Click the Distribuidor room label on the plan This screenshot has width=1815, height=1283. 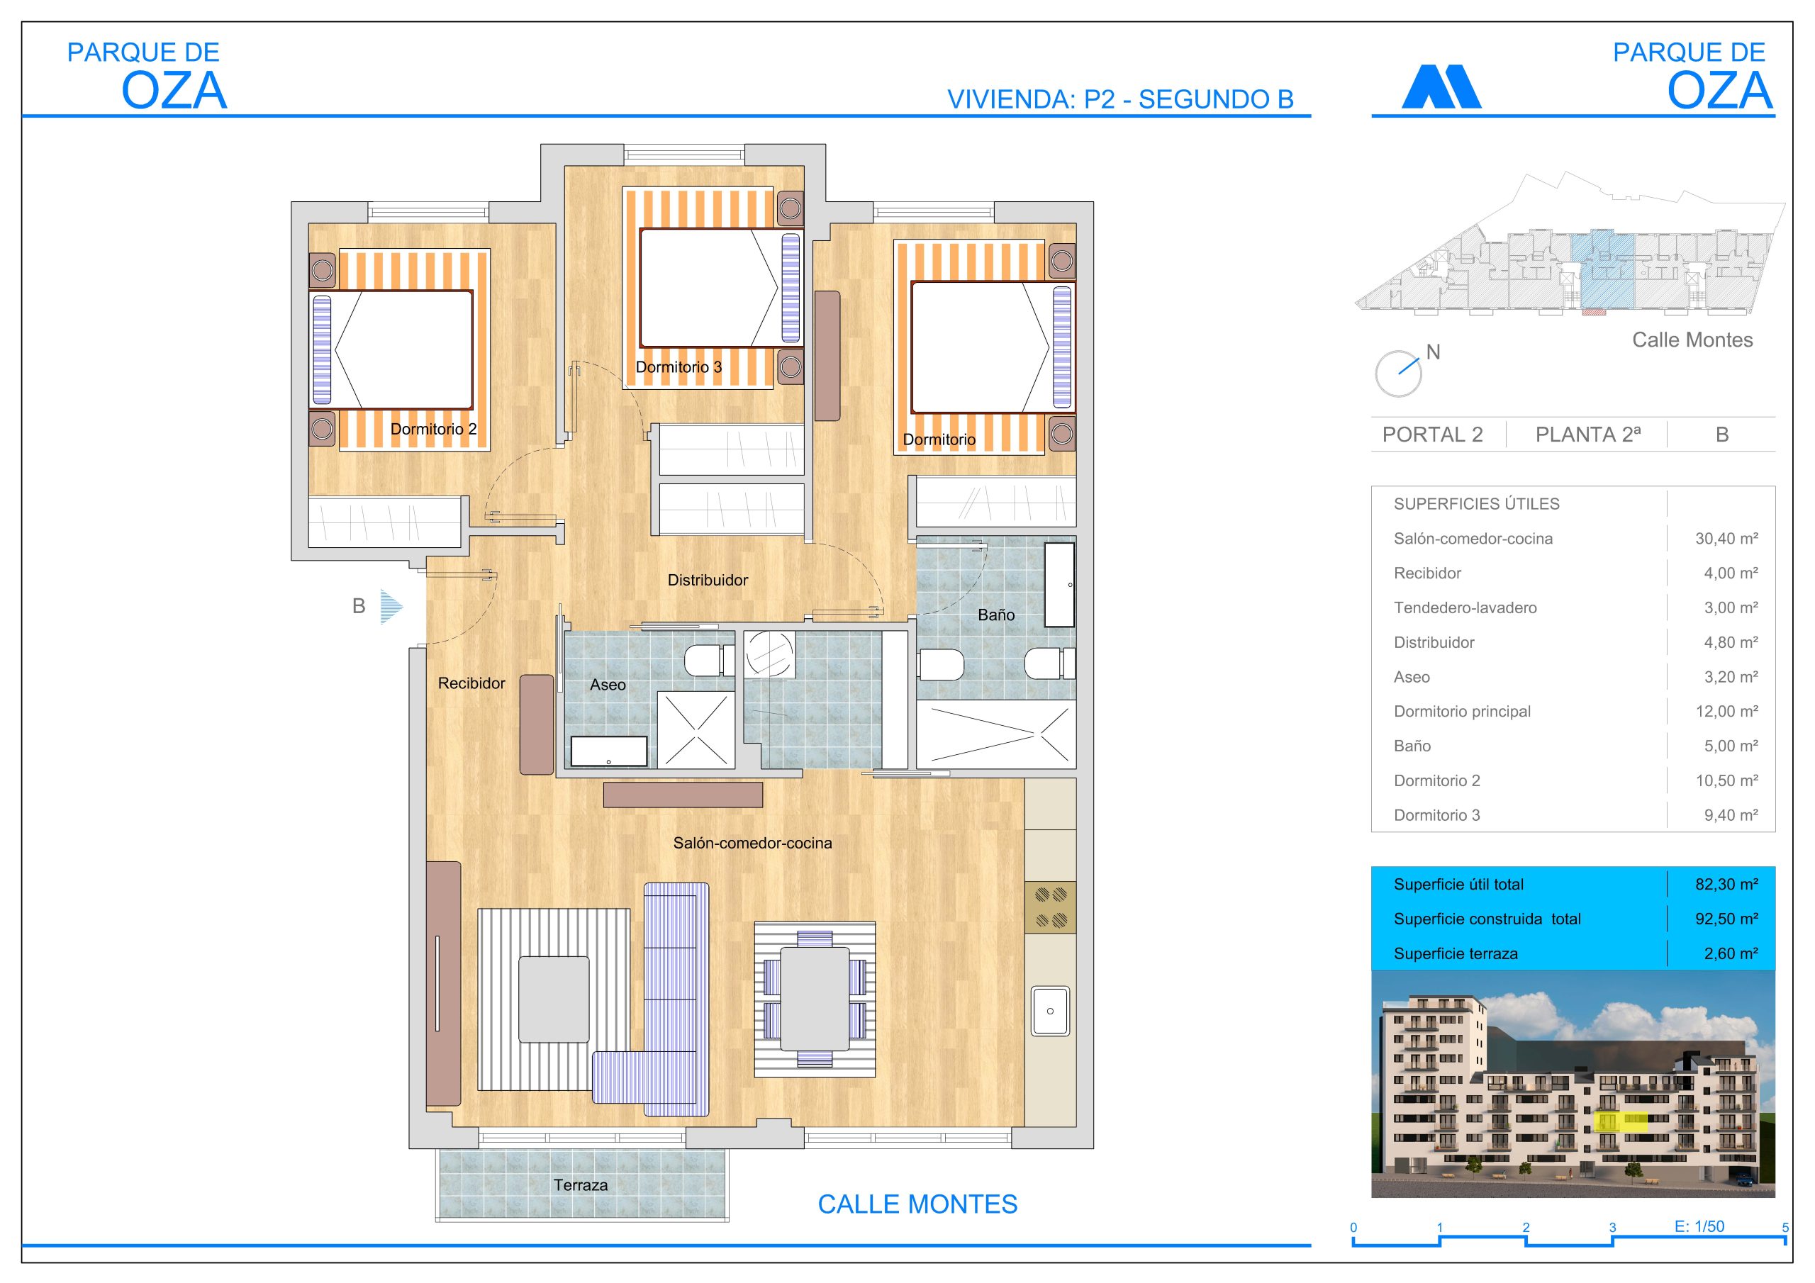(x=708, y=581)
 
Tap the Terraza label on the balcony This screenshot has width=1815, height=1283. (x=580, y=1185)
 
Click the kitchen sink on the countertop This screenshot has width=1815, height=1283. (x=1050, y=1011)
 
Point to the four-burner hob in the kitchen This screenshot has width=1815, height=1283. (x=1051, y=907)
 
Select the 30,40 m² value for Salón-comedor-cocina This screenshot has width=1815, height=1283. (x=1726, y=538)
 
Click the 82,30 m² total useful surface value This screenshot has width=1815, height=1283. (x=1726, y=884)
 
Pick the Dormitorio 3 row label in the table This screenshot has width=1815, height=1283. (x=1436, y=815)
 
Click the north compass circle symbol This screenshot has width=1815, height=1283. (x=1397, y=374)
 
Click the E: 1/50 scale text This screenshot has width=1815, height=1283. (x=1699, y=1226)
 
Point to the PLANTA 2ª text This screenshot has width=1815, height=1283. (x=1587, y=435)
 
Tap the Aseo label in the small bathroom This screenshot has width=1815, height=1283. (x=607, y=685)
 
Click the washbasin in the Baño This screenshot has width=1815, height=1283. (x=1059, y=584)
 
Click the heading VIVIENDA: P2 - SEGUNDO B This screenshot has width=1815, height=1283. (x=1120, y=100)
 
